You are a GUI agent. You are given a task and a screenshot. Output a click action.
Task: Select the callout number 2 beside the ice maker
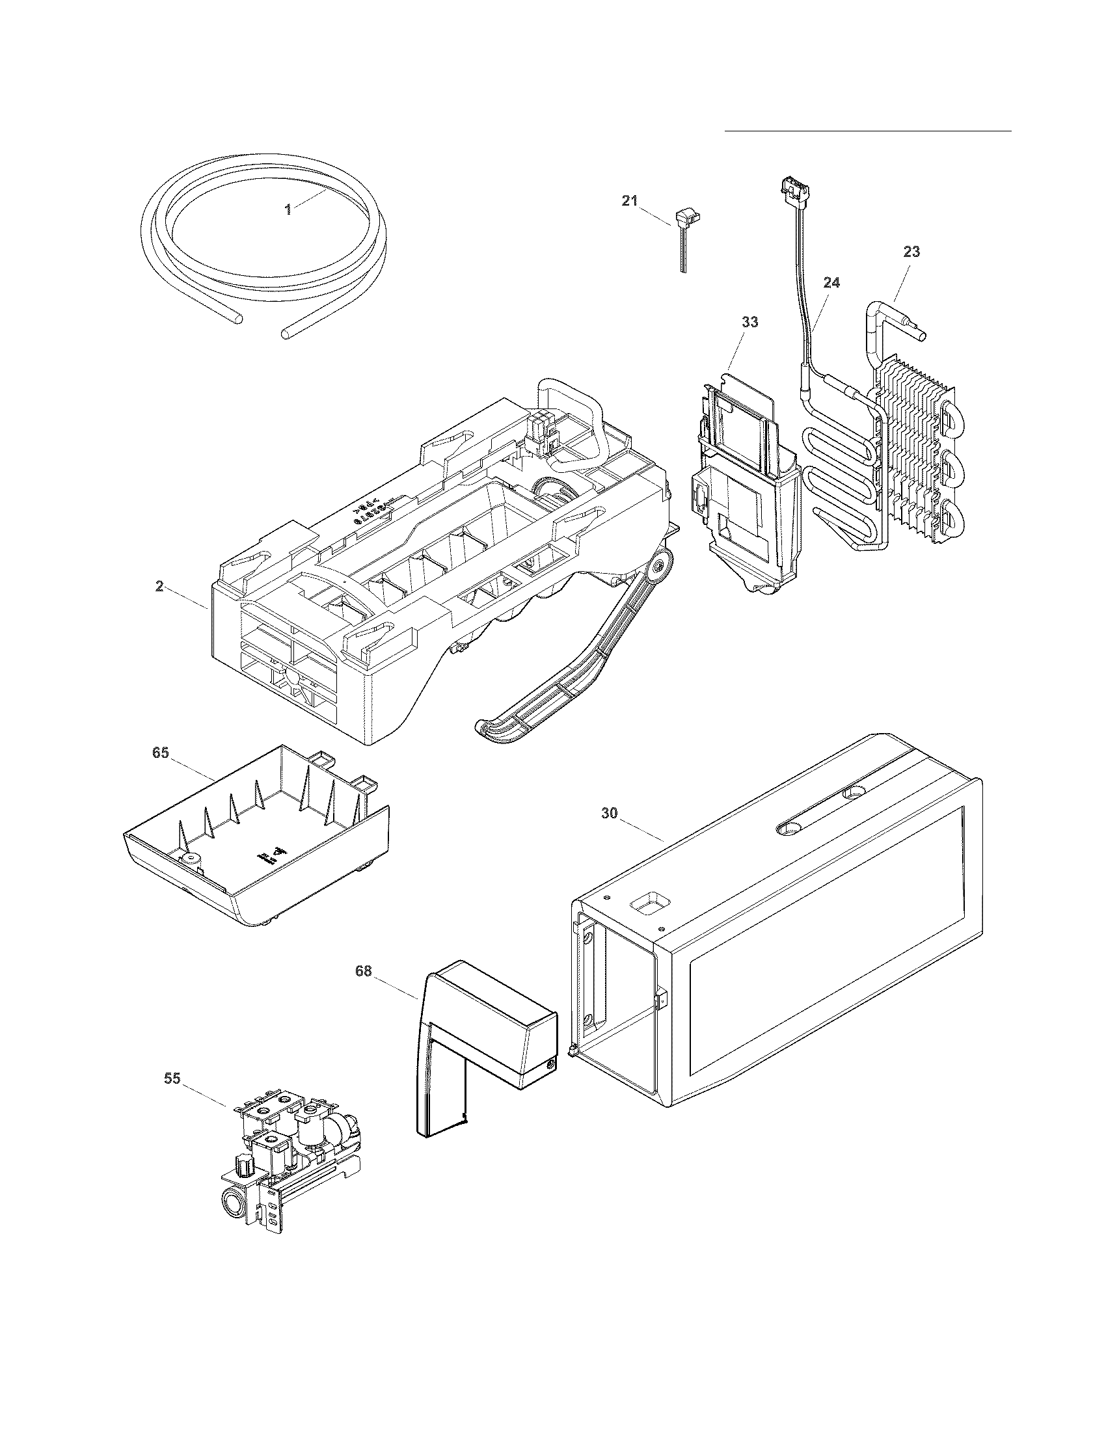[159, 586]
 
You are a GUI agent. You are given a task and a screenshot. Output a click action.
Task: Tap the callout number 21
[629, 201]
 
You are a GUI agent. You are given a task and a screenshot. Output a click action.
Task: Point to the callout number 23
[911, 252]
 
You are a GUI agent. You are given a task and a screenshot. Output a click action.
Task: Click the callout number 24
[831, 283]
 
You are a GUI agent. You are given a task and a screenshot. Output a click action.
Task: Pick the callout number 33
[749, 323]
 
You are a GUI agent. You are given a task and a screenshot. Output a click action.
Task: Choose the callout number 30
[610, 813]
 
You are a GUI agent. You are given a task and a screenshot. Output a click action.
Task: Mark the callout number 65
[161, 753]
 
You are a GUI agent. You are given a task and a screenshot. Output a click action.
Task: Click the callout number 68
[363, 971]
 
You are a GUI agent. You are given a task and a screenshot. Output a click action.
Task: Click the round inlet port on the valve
[233, 1202]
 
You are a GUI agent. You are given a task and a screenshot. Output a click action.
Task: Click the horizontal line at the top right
[867, 131]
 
